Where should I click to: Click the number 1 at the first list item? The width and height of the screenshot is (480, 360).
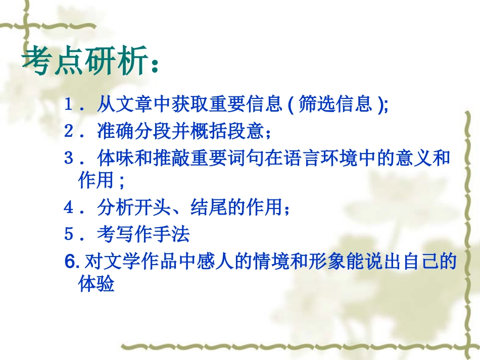click(69, 105)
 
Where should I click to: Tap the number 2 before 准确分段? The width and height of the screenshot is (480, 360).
click(69, 132)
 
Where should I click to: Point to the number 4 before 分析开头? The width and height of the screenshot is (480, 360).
click(69, 207)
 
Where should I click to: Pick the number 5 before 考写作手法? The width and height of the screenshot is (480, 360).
click(69, 234)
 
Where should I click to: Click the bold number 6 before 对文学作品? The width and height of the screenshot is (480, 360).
click(70, 262)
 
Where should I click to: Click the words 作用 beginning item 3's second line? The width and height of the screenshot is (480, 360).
click(96, 181)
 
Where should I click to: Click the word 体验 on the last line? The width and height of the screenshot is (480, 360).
click(96, 284)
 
